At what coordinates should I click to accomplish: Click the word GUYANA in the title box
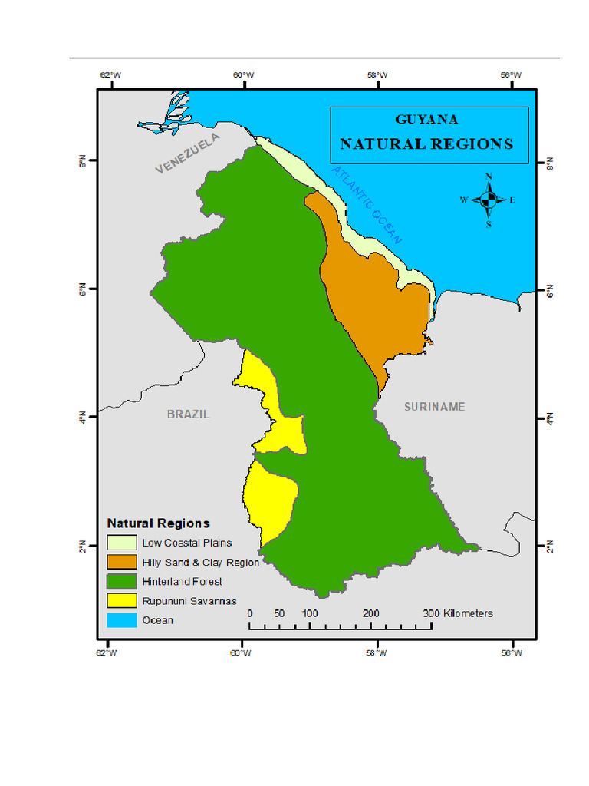(x=426, y=120)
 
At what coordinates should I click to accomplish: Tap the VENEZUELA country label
(x=188, y=154)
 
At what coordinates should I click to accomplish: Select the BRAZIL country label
(x=188, y=414)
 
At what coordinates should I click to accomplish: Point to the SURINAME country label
(x=435, y=407)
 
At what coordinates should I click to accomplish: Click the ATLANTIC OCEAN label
(x=367, y=206)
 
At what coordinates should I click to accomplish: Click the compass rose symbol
(x=489, y=200)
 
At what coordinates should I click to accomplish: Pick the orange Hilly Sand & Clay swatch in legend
(x=121, y=562)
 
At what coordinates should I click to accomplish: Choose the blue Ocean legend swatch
(x=121, y=619)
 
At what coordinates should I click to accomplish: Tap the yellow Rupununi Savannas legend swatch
(x=121, y=600)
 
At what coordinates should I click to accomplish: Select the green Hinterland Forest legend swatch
(x=121, y=581)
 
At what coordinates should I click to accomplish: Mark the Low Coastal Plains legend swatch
(x=121, y=543)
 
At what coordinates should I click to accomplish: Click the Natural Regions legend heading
(x=158, y=523)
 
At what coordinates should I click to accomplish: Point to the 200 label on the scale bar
(x=370, y=613)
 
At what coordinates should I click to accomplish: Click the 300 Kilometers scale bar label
(x=457, y=613)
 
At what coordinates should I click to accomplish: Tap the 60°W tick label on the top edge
(x=243, y=75)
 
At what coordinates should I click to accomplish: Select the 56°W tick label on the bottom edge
(x=512, y=652)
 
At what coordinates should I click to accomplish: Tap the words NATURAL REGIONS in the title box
(x=426, y=144)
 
